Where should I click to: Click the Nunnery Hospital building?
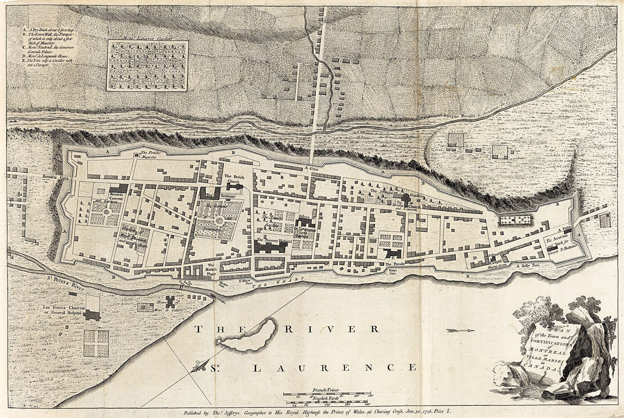point(273,247)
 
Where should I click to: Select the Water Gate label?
point(393,271)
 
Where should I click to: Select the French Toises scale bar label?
point(326,390)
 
